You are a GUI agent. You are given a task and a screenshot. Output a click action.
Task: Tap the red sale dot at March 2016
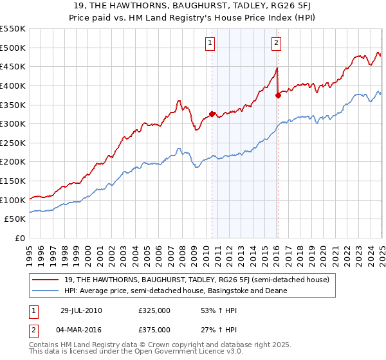tap(278, 95)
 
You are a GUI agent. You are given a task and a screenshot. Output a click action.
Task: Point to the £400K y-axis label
tap(13, 85)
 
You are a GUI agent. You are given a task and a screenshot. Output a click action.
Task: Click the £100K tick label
tap(13, 200)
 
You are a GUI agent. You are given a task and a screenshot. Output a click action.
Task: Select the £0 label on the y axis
tap(19, 238)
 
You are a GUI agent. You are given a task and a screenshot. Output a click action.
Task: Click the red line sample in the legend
tap(46, 280)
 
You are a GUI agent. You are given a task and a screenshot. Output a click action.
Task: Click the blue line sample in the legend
tap(46, 291)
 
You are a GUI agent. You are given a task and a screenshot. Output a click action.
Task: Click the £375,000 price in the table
tap(154, 330)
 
